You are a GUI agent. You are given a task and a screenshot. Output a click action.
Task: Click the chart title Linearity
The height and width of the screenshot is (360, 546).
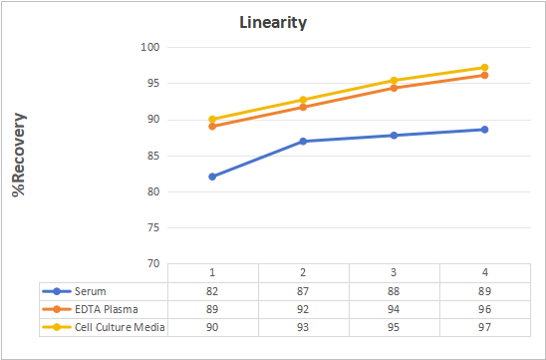[273, 23]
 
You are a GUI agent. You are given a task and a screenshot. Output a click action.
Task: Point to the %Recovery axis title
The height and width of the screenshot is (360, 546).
[19, 155]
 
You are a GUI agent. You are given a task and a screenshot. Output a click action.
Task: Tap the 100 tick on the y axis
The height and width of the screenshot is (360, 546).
[150, 47]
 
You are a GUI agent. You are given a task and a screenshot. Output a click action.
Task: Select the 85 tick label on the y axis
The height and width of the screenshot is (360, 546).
[153, 156]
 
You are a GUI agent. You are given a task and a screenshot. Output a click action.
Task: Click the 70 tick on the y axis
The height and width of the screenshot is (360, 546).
[153, 264]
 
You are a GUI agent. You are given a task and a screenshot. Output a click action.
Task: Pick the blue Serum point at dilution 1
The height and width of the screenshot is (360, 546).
[212, 177]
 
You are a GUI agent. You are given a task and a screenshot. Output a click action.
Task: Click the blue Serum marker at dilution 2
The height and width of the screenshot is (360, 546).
[303, 142]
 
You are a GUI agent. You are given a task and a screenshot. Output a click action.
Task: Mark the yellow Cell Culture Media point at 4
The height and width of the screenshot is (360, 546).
[484, 67]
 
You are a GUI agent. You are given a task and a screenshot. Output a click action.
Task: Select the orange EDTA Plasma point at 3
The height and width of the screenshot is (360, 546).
[394, 88]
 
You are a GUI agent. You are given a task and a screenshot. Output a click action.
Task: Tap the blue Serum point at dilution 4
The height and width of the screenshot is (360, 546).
[484, 130]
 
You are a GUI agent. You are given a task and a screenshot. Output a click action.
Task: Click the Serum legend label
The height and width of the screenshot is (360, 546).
[91, 291]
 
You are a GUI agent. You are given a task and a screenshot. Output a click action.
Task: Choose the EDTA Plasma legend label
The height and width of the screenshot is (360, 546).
[107, 309]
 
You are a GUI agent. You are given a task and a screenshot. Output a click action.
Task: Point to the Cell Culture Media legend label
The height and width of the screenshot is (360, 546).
[120, 327]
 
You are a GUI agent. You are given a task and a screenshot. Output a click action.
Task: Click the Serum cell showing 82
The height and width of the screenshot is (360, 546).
[212, 291]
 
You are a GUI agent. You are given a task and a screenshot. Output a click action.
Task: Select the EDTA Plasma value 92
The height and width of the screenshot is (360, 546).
[303, 309]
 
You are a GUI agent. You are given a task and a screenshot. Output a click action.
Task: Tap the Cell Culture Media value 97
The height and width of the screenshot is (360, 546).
[484, 327]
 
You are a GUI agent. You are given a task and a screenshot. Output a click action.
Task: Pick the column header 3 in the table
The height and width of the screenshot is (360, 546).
[394, 272]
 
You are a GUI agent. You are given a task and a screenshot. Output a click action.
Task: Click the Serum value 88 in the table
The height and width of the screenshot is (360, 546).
[394, 291]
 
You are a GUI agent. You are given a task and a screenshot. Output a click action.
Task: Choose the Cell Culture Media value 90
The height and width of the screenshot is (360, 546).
[212, 327]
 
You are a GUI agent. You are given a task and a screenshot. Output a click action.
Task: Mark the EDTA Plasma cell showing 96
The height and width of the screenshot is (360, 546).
[484, 309]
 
